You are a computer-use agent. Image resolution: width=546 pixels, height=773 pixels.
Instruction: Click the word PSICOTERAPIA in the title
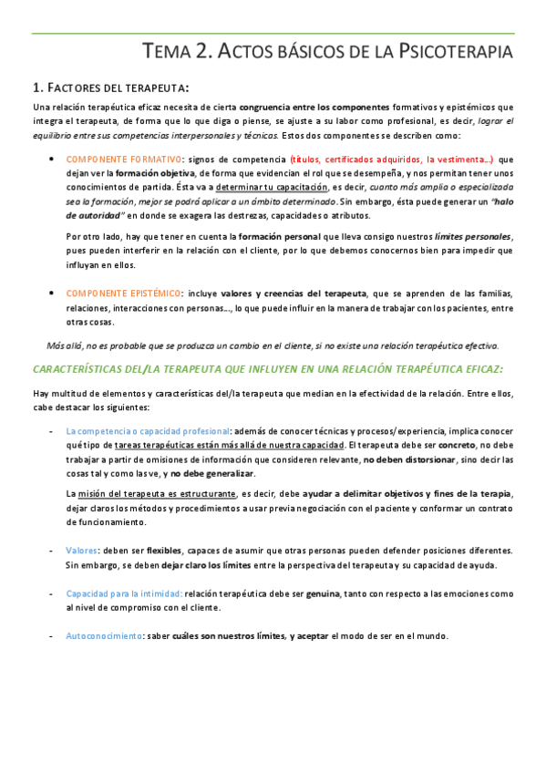(x=457, y=52)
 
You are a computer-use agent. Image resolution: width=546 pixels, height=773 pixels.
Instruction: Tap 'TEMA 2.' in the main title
(x=178, y=52)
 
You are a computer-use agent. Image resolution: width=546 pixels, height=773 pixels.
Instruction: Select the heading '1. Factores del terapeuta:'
(x=110, y=88)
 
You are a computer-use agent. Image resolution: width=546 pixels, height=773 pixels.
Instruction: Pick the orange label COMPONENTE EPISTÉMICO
(x=123, y=293)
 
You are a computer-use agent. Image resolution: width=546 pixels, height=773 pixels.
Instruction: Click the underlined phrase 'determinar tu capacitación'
(x=271, y=187)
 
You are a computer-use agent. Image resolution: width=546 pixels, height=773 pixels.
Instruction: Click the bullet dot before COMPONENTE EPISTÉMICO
(x=51, y=293)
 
